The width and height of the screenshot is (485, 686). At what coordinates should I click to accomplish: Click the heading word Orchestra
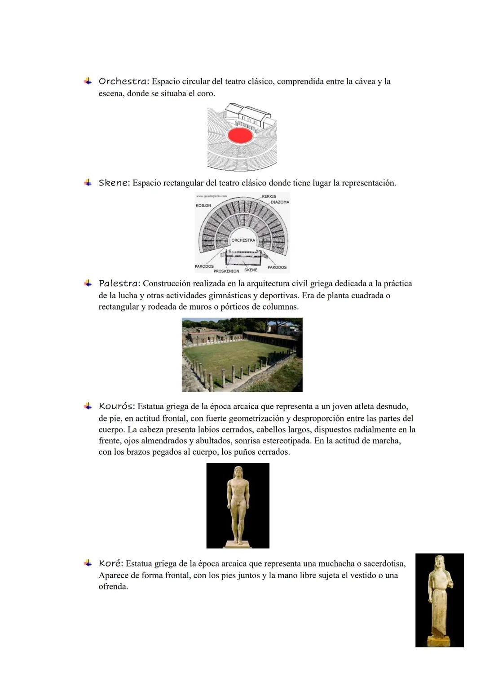123,81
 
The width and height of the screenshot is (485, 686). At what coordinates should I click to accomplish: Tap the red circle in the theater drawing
240,135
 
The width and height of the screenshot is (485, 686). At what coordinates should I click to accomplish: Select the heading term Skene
114,183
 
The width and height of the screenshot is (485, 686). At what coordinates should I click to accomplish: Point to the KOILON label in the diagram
203,206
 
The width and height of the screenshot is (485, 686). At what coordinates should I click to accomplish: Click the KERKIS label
269,196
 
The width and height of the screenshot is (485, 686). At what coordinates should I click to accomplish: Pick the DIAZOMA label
279,202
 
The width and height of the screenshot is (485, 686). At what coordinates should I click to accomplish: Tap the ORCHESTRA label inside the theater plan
243,240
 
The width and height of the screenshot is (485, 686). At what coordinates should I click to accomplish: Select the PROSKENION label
226,271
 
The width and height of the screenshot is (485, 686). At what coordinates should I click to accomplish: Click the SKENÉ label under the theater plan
251,270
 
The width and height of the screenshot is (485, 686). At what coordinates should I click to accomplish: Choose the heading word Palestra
119,283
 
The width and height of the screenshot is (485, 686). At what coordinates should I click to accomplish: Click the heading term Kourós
116,407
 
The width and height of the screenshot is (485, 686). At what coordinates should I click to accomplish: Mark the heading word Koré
110,563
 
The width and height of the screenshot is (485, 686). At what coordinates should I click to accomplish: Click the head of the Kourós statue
238,472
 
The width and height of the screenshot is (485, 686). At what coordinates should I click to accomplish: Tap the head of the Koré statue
438,562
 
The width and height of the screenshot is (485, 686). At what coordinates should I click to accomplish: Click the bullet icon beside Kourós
88,406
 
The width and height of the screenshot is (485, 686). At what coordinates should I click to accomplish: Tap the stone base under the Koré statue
439,641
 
